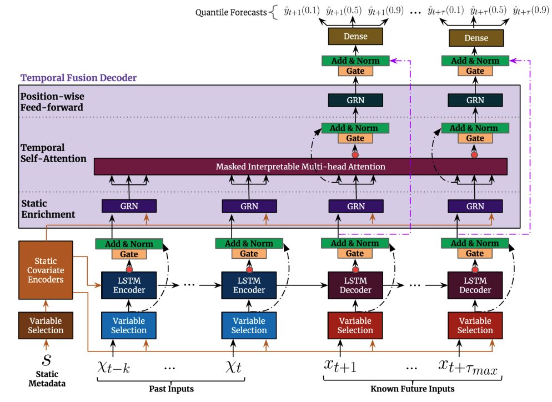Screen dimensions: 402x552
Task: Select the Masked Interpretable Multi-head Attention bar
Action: coord(300,167)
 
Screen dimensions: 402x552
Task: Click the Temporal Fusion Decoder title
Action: coord(78,78)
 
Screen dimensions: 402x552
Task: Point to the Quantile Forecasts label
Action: coord(231,12)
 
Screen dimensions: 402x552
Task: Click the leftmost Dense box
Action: coord(355,37)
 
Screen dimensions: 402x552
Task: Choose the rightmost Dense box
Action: coord(475,38)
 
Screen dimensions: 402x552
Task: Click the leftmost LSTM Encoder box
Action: coord(129,285)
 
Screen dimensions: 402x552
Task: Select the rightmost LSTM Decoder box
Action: coord(475,285)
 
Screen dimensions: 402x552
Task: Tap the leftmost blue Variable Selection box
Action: coord(129,325)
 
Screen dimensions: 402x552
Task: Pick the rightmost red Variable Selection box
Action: coord(475,325)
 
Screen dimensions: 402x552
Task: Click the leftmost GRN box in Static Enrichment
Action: coord(129,206)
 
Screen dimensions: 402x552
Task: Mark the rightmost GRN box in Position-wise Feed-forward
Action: coord(475,100)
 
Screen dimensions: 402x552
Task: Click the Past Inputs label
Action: coord(171,389)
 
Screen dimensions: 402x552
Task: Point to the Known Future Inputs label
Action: coord(413,389)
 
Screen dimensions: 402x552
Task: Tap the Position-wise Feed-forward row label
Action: coord(52,102)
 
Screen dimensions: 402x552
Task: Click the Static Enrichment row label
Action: coord(48,209)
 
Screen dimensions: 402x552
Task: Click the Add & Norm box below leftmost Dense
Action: coord(355,61)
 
